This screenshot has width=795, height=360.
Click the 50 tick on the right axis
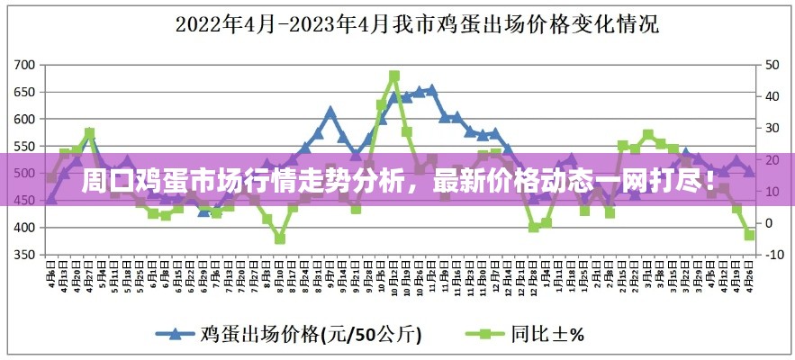[772, 65]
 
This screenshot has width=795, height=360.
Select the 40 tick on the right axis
[772, 96]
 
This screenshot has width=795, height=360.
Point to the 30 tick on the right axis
[772, 128]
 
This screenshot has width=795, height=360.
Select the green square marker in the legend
[485, 333]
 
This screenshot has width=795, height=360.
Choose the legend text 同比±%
[548, 334]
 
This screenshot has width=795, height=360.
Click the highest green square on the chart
[394, 76]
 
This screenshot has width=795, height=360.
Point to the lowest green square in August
[280, 238]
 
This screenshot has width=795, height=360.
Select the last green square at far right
[749, 235]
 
